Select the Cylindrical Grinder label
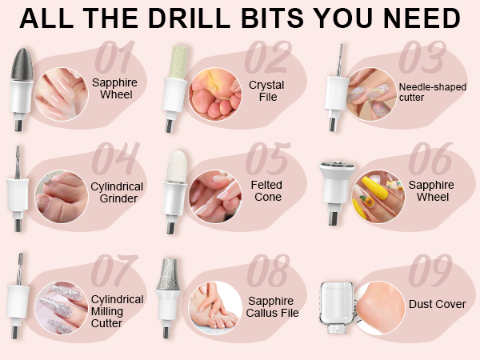pyautogui.click(x=118, y=192)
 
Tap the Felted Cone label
pyautogui.click(x=268, y=191)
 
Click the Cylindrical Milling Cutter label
pyautogui.click(x=118, y=311)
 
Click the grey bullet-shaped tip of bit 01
pyautogui.click(x=20, y=64)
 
